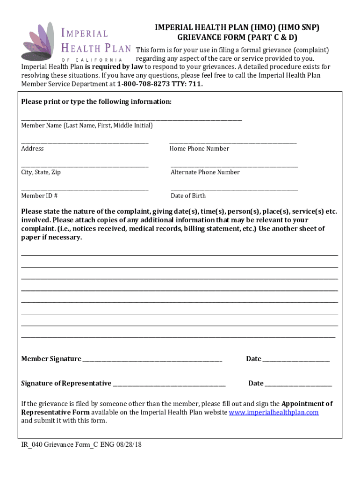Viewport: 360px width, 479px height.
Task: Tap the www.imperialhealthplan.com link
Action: [274, 412]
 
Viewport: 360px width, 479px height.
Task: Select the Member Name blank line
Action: [131, 120]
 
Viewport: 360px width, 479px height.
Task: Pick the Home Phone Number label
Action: [199, 149]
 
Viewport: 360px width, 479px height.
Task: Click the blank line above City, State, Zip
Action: [85, 167]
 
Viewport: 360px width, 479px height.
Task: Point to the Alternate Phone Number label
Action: [205, 172]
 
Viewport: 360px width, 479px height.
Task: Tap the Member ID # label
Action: [39, 196]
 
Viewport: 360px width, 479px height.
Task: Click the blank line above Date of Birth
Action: [234, 190]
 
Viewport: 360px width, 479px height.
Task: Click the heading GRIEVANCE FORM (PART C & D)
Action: [238, 37]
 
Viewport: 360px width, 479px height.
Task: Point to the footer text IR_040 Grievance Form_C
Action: [61, 444]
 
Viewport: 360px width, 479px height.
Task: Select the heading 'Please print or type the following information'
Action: [97, 102]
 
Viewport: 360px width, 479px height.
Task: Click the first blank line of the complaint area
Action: [180, 255]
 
